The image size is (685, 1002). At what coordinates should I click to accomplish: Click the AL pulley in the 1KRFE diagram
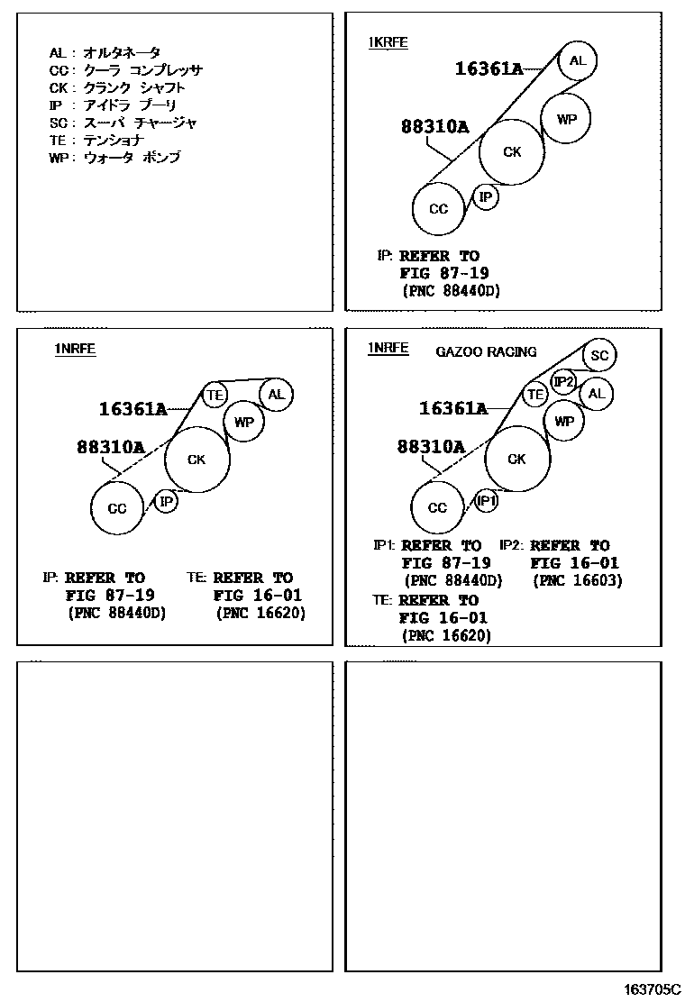tap(577, 61)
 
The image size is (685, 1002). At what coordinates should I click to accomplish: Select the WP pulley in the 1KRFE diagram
tap(565, 118)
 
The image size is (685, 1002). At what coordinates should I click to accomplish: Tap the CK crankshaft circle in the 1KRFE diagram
tap(512, 152)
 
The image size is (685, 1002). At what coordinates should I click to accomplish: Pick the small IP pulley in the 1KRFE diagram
tap(486, 197)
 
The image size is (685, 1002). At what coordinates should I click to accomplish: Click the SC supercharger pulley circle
tap(600, 356)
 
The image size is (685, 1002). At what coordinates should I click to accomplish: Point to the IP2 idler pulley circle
tap(564, 382)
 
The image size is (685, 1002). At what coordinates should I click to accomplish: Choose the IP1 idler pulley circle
tap(486, 500)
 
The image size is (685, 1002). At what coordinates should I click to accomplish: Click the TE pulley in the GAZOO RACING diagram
tap(535, 394)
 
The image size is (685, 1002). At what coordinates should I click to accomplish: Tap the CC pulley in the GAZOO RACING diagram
tap(437, 508)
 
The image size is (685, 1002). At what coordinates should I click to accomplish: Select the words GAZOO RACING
tap(486, 351)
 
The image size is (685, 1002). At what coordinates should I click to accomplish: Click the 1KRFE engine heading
tap(388, 42)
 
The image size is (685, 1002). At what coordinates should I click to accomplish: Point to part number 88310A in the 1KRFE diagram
tap(434, 128)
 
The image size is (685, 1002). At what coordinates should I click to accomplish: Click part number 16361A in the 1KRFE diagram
tap(489, 68)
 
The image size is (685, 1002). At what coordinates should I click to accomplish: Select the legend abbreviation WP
tap(59, 157)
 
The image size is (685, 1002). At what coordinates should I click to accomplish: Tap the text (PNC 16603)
tap(578, 581)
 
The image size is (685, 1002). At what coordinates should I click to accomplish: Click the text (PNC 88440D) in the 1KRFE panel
tap(450, 291)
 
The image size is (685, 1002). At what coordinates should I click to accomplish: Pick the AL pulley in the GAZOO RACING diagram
tap(596, 394)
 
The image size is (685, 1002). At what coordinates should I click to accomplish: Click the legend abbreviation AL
tap(57, 53)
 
